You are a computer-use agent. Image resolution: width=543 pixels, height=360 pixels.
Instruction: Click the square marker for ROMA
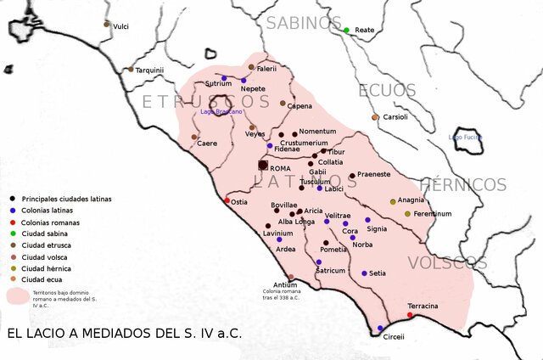coord(263,166)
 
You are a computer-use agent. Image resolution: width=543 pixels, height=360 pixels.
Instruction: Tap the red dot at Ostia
coord(227,200)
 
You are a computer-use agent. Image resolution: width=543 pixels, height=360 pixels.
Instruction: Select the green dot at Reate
coord(346,31)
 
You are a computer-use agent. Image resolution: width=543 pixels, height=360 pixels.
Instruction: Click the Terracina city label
coord(423,305)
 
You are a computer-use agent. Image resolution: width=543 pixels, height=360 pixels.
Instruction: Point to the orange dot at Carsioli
coord(375,117)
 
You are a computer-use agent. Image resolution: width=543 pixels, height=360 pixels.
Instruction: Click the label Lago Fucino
coord(466,137)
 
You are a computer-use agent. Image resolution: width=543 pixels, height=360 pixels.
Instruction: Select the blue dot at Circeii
coord(380,328)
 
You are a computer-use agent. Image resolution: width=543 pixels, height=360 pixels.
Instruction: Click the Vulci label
coord(120,26)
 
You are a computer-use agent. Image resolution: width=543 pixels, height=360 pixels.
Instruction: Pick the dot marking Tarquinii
coord(131,70)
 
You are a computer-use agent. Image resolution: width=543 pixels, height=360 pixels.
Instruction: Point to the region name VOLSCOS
coord(445,262)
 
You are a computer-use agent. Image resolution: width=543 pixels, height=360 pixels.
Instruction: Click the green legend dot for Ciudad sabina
coord(14,233)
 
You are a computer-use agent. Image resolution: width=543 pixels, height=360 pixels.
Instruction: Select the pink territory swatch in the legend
coord(17,296)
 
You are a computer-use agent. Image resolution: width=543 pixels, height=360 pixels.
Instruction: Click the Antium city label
coord(285,284)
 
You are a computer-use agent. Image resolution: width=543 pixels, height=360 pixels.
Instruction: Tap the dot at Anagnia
coord(393,202)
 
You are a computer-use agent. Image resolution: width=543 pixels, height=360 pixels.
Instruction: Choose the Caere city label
coord(207,143)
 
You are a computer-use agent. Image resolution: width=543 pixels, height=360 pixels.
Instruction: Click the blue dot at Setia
coord(364,273)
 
